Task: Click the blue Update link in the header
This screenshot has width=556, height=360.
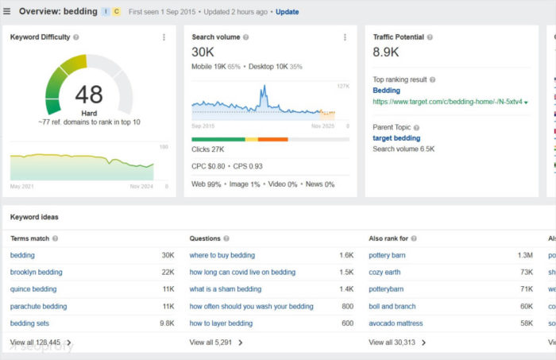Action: pyautogui.click(x=288, y=12)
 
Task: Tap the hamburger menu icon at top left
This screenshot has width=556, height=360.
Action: pyautogui.click(x=7, y=12)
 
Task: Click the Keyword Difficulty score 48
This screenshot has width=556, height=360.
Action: pyautogui.click(x=88, y=95)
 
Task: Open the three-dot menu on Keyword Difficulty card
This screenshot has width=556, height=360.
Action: pyautogui.click(x=164, y=37)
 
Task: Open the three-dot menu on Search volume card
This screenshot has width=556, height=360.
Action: pyautogui.click(x=345, y=37)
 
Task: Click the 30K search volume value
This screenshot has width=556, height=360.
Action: pyautogui.click(x=203, y=52)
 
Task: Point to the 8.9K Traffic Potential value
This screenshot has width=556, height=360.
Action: pyautogui.click(x=386, y=52)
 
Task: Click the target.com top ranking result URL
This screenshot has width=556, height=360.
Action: pyautogui.click(x=447, y=102)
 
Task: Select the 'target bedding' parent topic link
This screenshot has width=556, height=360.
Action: pyautogui.click(x=396, y=137)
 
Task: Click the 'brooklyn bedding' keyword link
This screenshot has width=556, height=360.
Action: pyautogui.click(x=36, y=273)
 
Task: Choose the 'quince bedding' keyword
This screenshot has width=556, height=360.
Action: pyautogui.click(x=33, y=289)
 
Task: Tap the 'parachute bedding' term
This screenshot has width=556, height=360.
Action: pyautogui.click(x=38, y=306)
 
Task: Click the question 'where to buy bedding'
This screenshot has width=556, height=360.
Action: pyautogui.click(x=222, y=256)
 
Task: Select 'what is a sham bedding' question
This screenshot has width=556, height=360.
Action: pyautogui.click(x=226, y=289)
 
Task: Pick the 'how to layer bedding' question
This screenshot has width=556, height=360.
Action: pyautogui.click(x=221, y=323)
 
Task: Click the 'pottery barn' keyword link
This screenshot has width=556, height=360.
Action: pyautogui.click(x=388, y=256)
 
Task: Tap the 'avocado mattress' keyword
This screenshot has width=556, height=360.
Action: pyautogui.click(x=396, y=323)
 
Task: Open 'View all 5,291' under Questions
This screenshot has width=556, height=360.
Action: pyautogui.click(x=216, y=343)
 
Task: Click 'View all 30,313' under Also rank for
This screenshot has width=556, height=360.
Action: pyautogui.click(x=397, y=343)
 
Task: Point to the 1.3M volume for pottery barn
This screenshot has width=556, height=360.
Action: pyautogui.click(x=524, y=256)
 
